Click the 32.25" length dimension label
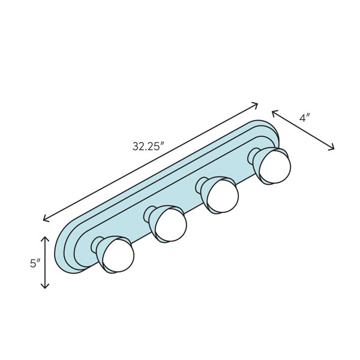[x=149, y=146]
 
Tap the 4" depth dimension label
[x=305, y=118]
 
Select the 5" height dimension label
[x=35, y=263]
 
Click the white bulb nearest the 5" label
[x=118, y=256]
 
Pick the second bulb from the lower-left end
[x=170, y=225]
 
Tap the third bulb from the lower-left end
[x=223, y=196]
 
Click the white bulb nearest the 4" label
[x=275, y=167]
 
